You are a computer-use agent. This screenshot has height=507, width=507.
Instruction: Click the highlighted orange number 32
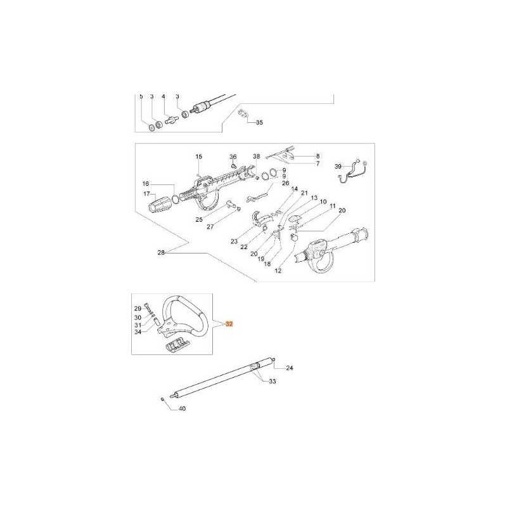point(229,324)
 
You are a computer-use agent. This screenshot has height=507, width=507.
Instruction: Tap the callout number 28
point(161,252)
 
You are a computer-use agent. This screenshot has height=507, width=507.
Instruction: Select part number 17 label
point(147,194)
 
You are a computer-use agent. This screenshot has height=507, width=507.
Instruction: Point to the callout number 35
point(259,122)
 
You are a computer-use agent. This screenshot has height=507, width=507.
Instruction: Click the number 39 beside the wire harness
point(338,167)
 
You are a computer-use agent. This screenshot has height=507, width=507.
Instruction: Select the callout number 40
point(182,409)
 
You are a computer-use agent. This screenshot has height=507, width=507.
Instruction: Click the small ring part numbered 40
point(163,399)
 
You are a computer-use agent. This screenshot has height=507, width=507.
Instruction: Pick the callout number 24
point(290,368)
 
